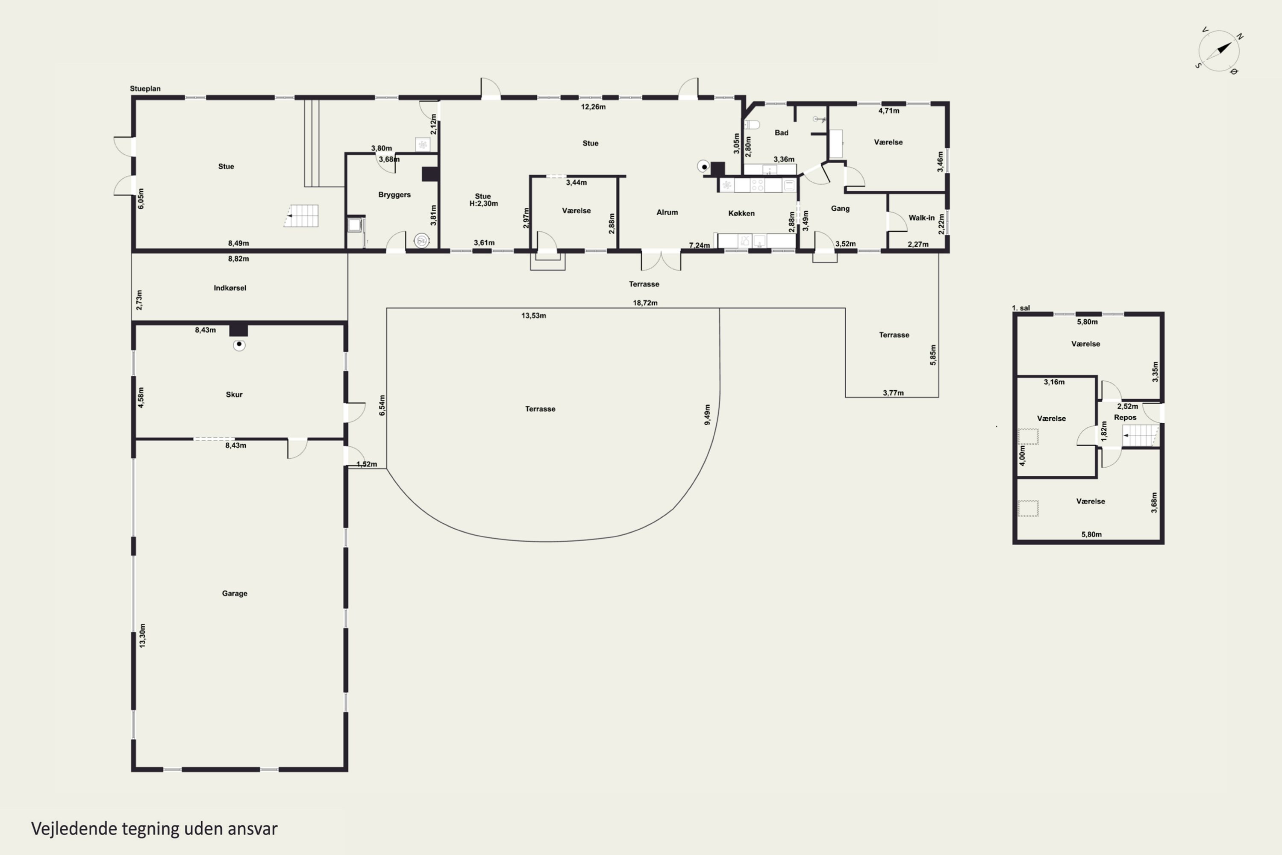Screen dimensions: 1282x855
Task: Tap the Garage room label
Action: (x=234, y=593)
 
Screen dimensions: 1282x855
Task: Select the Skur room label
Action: (x=234, y=394)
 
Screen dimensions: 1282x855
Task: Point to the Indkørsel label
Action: (x=229, y=288)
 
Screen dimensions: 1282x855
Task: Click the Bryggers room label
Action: (x=394, y=195)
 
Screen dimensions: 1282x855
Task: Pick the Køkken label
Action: (x=741, y=213)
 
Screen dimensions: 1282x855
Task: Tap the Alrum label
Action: (x=667, y=212)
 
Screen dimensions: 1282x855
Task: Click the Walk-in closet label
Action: (x=921, y=218)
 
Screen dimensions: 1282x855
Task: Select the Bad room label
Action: (x=781, y=133)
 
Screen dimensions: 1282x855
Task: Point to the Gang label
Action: (x=840, y=208)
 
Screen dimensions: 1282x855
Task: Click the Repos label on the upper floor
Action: (x=1125, y=417)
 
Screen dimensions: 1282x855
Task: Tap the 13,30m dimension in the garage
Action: (x=142, y=635)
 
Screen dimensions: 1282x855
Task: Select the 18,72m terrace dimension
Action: (x=645, y=303)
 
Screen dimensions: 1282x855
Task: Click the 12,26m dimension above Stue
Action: (x=593, y=107)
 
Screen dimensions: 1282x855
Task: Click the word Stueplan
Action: (x=145, y=88)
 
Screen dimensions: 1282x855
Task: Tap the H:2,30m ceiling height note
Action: (x=483, y=203)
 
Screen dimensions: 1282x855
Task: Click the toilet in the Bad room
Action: (x=752, y=125)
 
